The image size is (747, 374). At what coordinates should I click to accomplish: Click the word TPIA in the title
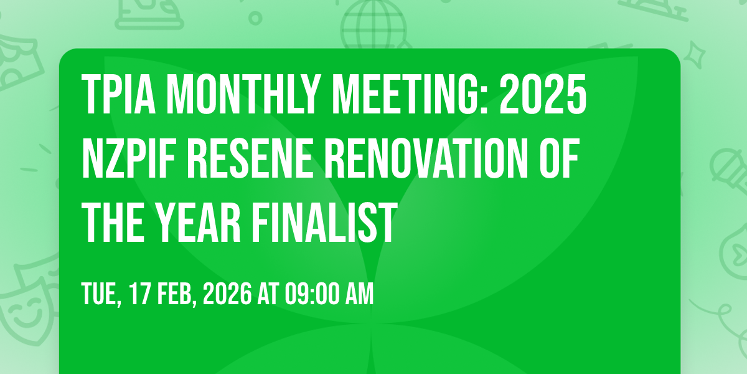(x=118, y=94)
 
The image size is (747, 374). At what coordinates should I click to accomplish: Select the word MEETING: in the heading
(x=410, y=94)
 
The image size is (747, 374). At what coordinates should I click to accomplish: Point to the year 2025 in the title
(x=543, y=94)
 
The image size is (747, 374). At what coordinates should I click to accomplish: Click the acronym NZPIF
(x=129, y=158)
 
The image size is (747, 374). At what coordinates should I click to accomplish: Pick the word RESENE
(x=250, y=158)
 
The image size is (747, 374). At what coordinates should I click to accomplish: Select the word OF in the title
(x=559, y=158)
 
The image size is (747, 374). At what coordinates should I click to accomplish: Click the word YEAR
(x=199, y=223)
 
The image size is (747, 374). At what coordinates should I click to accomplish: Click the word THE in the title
(x=113, y=223)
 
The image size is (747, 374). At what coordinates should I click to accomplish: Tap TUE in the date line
(x=100, y=294)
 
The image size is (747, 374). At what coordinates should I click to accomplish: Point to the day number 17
(x=139, y=294)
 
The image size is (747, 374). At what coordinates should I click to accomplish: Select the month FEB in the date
(x=176, y=294)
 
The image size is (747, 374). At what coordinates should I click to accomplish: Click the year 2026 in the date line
(x=227, y=294)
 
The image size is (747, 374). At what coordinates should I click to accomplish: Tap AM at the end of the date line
(x=360, y=294)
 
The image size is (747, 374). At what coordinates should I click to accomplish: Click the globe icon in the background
(x=374, y=24)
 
